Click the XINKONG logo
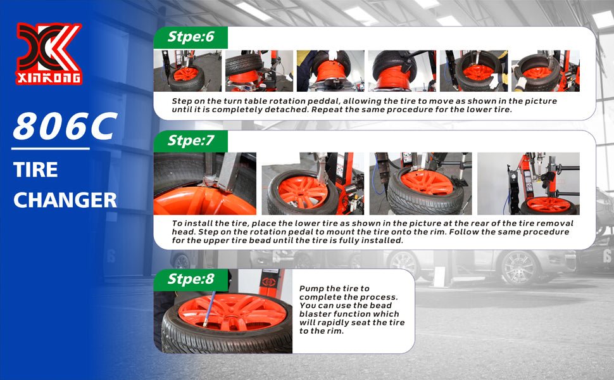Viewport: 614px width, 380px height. point(49,54)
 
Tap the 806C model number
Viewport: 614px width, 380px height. point(65,127)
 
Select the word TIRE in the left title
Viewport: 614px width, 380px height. point(35,170)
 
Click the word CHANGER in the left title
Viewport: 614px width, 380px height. point(65,200)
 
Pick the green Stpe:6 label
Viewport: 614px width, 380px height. point(191,37)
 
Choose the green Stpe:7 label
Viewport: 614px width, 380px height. point(191,141)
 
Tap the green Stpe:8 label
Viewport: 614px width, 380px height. point(191,280)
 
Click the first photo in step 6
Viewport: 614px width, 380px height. point(187,71)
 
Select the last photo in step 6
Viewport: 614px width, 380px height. point(546,71)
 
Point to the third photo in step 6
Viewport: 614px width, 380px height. point(330,71)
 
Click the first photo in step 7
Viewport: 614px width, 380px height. point(205,183)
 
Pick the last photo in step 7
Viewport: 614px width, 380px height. point(529,183)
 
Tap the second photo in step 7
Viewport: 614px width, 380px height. point(313,183)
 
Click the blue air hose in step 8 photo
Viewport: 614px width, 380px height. point(209,309)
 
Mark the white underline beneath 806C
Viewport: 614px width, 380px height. point(51,149)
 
